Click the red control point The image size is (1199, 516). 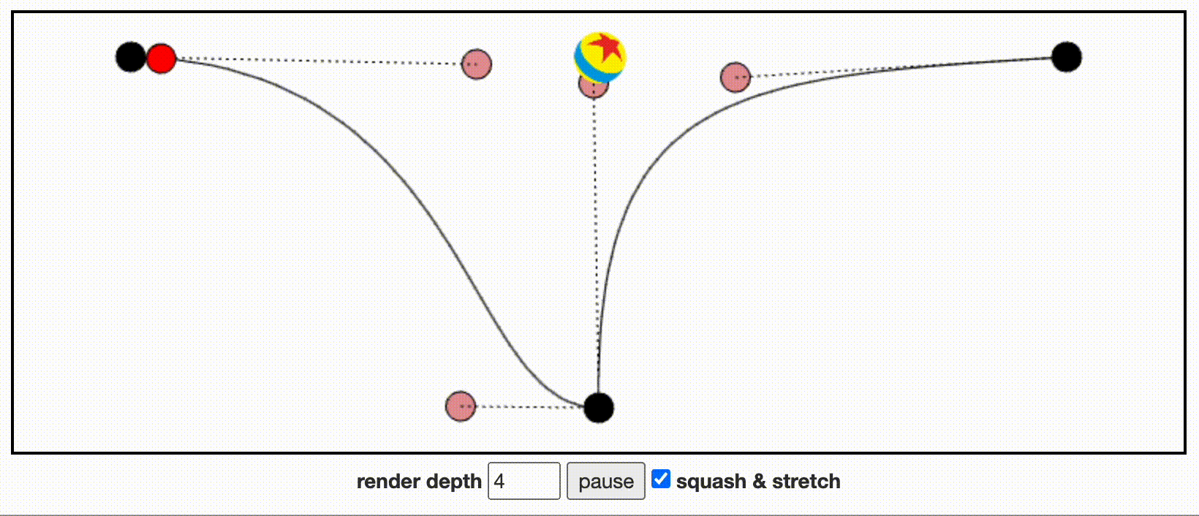(x=162, y=58)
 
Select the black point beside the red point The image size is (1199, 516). (x=131, y=57)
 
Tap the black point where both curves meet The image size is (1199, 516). (x=599, y=408)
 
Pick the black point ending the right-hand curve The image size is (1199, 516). (x=1067, y=57)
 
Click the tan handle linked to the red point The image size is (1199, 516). (x=477, y=64)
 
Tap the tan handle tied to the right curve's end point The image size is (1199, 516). (x=735, y=77)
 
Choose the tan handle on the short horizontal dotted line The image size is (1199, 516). (x=461, y=406)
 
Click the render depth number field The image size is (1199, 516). (x=523, y=481)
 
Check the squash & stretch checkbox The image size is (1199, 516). (x=661, y=479)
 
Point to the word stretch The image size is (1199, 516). (x=806, y=482)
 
